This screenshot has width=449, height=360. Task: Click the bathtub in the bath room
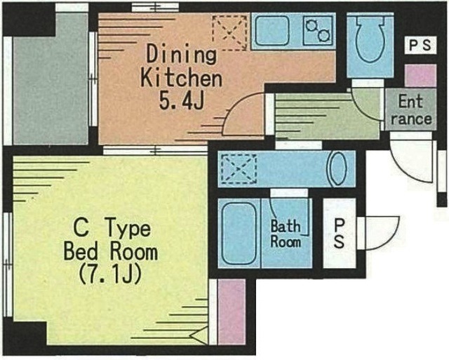[x=239, y=233]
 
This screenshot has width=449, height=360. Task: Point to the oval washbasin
[x=337, y=169]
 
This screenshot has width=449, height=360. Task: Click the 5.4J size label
[x=180, y=102]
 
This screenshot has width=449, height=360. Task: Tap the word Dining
[x=181, y=54]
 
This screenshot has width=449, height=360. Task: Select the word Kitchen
[x=181, y=77]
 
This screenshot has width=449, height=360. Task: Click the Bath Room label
[x=286, y=234]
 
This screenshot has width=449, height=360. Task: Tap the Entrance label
[x=410, y=109]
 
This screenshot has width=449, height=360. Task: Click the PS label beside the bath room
[x=340, y=233]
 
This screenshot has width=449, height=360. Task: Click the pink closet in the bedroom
[x=231, y=312]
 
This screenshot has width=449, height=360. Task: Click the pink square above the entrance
[x=420, y=75]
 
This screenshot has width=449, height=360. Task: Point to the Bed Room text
[x=110, y=251]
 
